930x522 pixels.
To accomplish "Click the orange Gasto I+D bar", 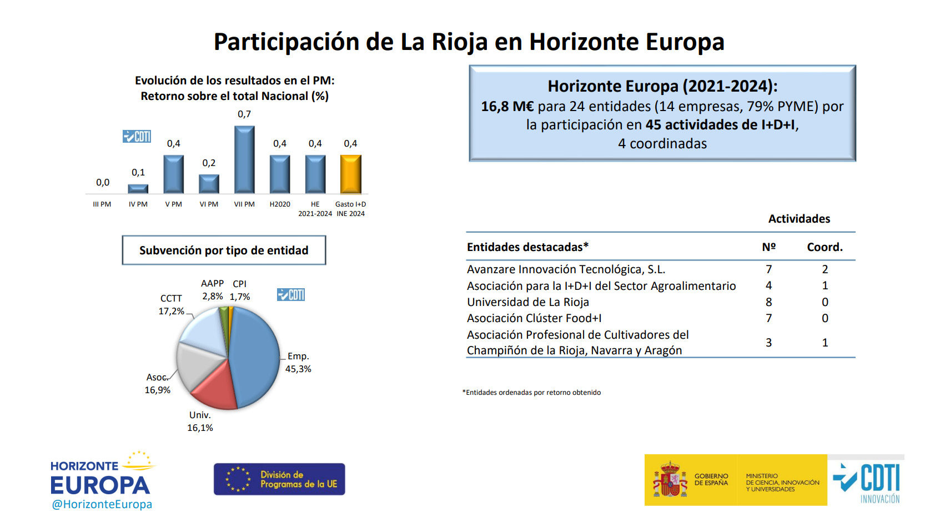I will pyautogui.click(x=350, y=174).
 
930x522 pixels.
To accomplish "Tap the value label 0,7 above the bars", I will pyautogui.click(x=244, y=114).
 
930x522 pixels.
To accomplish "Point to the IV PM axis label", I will pyautogui.click(x=138, y=204).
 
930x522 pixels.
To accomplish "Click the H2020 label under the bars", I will pyautogui.click(x=280, y=204).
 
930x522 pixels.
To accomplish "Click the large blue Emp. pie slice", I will pyautogui.click(x=255, y=355).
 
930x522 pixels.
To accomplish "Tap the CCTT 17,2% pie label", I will pyautogui.click(x=171, y=305).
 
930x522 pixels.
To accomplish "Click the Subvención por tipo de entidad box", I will pyautogui.click(x=224, y=250).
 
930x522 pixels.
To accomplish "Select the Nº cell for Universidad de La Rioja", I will pyautogui.click(x=768, y=302).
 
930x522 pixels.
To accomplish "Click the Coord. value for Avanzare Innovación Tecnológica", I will pyautogui.click(x=825, y=269).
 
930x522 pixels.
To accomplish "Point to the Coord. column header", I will pyautogui.click(x=825, y=247).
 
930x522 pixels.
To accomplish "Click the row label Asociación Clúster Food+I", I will pyautogui.click(x=534, y=318).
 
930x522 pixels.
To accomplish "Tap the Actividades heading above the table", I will pyautogui.click(x=799, y=219).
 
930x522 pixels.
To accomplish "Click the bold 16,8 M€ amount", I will pyautogui.click(x=507, y=107).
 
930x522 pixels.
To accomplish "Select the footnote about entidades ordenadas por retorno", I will pyautogui.click(x=531, y=393).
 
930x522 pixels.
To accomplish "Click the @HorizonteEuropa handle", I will pyautogui.click(x=102, y=504).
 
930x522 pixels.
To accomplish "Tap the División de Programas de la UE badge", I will pyautogui.click(x=279, y=479).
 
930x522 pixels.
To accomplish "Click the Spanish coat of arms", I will pyautogui.click(x=670, y=480).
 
